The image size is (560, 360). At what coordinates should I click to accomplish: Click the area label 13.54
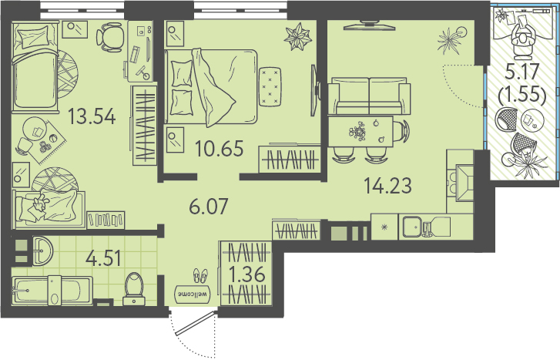point(92,116)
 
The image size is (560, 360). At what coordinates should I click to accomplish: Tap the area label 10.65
point(220,148)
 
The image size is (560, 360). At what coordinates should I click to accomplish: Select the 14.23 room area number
point(387,186)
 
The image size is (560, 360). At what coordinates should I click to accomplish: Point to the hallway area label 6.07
point(209,207)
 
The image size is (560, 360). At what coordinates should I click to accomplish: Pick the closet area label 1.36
point(246,275)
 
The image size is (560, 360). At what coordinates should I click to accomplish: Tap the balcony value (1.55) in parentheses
point(522,96)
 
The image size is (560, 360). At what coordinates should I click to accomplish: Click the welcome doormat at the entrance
point(193,294)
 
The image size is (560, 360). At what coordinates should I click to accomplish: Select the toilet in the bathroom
point(134,289)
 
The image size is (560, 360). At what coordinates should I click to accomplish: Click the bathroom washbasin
point(43,251)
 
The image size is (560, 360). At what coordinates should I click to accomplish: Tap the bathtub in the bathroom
point(52,291)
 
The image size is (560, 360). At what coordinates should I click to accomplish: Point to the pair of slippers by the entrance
point(200,276)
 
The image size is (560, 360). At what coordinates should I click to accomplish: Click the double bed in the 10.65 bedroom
point(211,87)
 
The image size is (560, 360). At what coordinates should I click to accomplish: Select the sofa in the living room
point(369,96)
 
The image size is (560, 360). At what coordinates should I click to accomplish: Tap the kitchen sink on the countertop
point(414,227)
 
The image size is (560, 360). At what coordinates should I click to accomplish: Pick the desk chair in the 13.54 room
point(109,36)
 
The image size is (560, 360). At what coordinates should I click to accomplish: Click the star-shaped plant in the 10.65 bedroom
point(298,36)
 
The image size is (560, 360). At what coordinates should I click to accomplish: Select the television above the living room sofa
point(369,25)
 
